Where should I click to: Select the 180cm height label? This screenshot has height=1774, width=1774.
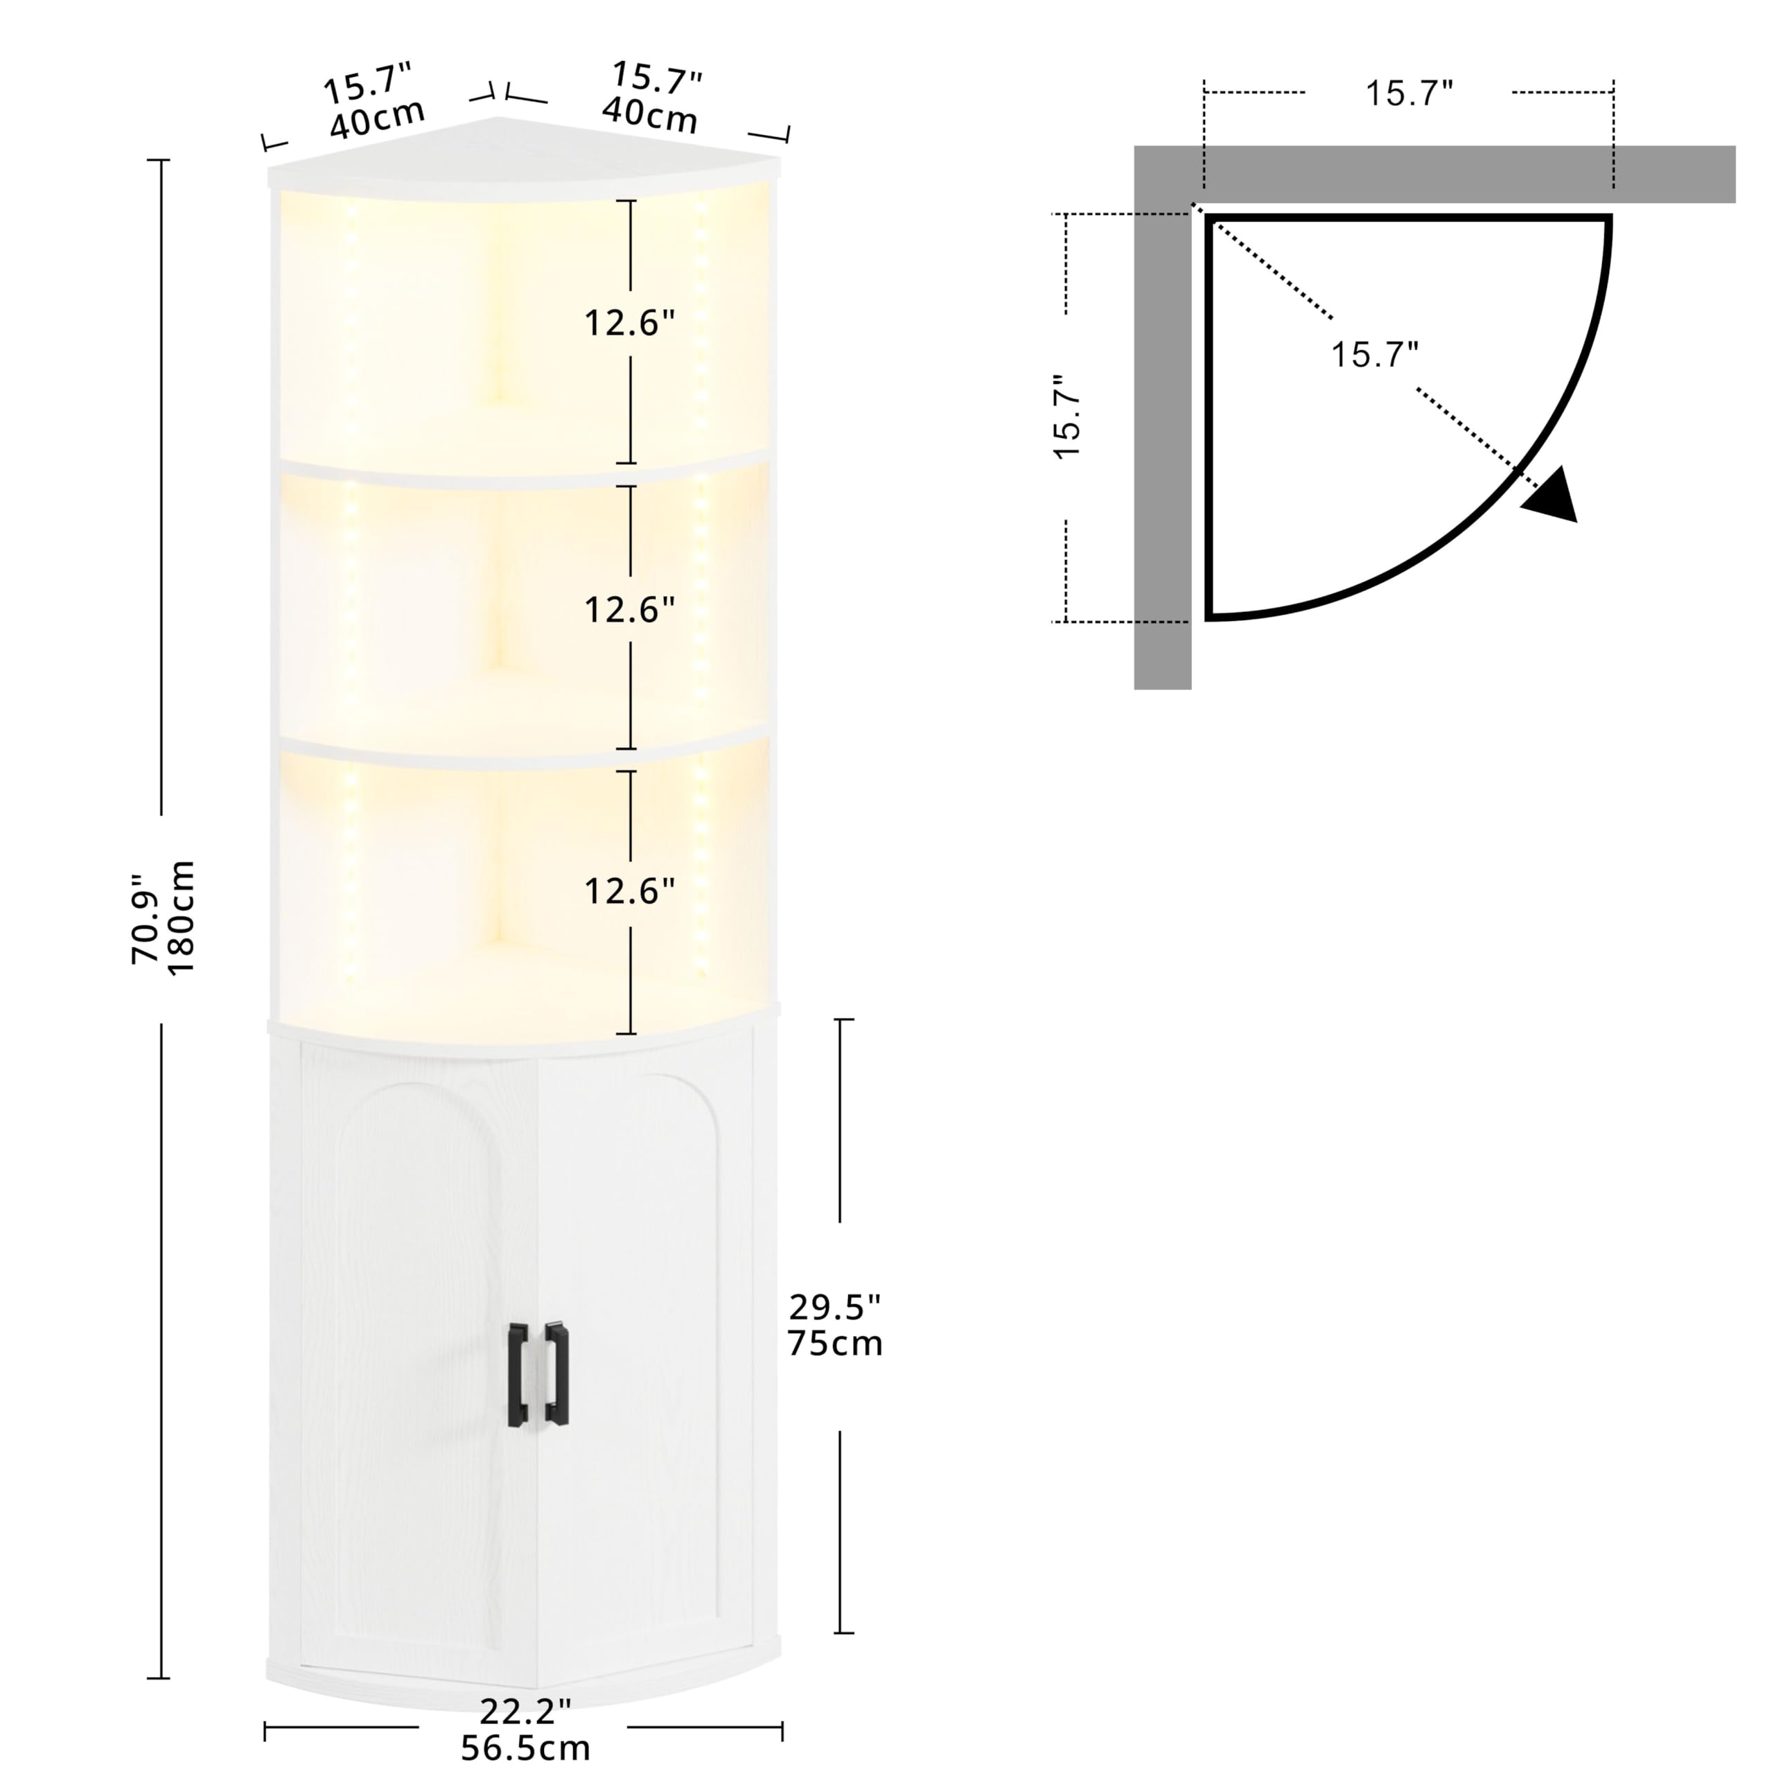pyautogui.click(x=181, y=918)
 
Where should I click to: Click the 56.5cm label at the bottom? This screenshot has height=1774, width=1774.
pyautogui.click(x=525, y=1748)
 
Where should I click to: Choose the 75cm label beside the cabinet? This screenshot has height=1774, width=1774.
pyautogui.click(x=834, y=1344)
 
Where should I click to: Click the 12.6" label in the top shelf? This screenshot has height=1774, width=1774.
pyautogui.click(x=630, y=323)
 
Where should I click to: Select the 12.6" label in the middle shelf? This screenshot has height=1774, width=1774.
pyautogui.click(x=630, y=610)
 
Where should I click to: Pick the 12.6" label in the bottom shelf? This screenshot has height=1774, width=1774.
pyautogui.click(x=630, y=890)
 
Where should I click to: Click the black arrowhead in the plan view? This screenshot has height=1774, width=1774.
pyautogui.click(x=1554, y=497)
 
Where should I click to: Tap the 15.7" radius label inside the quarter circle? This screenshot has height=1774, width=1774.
pyautogui.click(x=1375, y=354)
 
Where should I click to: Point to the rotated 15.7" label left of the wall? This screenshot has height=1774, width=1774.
pyautogui.click(x=1069, y=417)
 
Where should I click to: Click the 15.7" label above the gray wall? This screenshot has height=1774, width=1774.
pyautogui.click(x=1409, y=94)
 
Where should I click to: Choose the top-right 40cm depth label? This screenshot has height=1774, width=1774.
pyautogui.click(x=649, y=116)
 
